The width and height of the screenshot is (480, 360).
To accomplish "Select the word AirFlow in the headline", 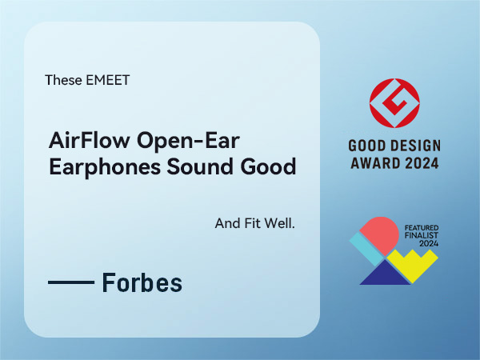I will tap(80, 143).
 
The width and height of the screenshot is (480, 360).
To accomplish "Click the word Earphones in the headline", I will tap(93, 168).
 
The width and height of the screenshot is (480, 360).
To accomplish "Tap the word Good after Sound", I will tap(267, 168).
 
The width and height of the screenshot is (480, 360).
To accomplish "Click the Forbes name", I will tap(142, 282).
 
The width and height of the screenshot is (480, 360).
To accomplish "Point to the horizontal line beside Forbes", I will tap(71, 283).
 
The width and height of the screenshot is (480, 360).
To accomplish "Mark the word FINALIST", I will tap(418, 237).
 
